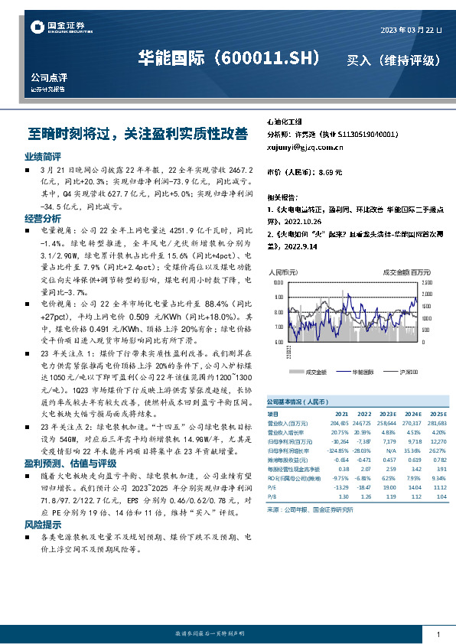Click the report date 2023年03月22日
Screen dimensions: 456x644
pyautogui.click(x=411, y=30)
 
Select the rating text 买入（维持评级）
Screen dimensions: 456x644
pyautogui.click(x=393, y=60)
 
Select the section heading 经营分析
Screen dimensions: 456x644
pyautogui.click(x=37, y=218)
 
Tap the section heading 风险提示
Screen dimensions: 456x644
pyautogui.click(x=37, y=525)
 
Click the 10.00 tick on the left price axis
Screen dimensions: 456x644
pyautogui.click(x=278, y=282)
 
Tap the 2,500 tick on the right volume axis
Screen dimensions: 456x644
pyautogui.click(x=427, y=282)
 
